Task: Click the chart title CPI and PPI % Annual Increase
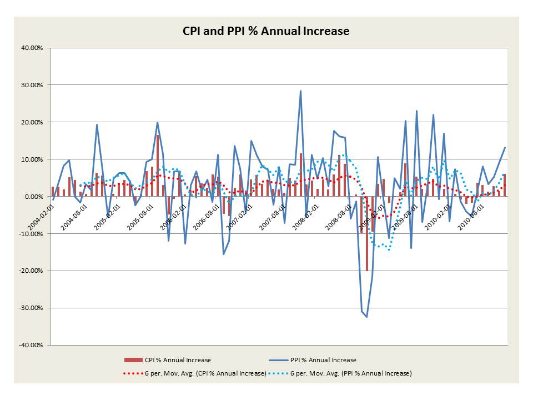(266, 31)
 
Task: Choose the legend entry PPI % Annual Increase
(323, 360)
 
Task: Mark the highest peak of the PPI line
(300, 91)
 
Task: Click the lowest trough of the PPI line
(366, 317)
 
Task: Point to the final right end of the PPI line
(505, 147)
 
